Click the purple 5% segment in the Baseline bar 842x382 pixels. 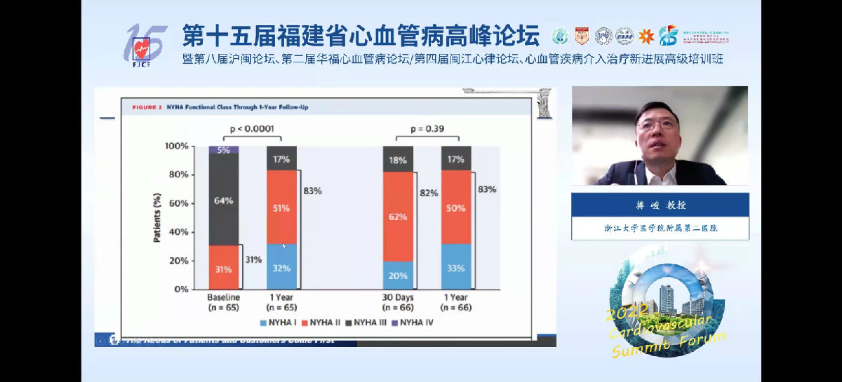[224, 149]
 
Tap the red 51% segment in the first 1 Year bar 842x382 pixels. [282, 207]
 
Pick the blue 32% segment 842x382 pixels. [282, 266]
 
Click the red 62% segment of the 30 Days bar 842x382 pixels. [398, 216]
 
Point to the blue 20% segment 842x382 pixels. [398, 275]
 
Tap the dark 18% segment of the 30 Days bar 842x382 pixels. [398, 159]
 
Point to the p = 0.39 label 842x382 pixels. [427, 128]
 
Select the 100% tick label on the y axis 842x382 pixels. [176, 146]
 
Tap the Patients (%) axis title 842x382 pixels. [157, 217]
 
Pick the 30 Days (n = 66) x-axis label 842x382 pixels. [398, 302]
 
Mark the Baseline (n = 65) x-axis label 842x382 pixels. [224, 302]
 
